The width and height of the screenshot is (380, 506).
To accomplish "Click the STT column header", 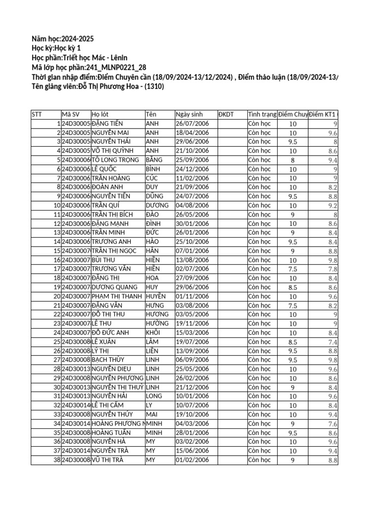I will [37, 115].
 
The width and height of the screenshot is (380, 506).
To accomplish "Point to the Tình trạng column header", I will [262, 115].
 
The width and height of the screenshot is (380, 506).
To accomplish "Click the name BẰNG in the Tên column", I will [154, 160].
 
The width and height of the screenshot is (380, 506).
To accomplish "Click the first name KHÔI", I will [154, 333].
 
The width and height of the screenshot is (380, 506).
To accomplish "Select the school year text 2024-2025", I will [76, 39].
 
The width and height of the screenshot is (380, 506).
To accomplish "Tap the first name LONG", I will [154, 396].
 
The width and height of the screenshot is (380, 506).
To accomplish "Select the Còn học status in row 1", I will [260, 124].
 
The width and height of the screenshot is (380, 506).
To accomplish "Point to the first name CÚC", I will [152, 178].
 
